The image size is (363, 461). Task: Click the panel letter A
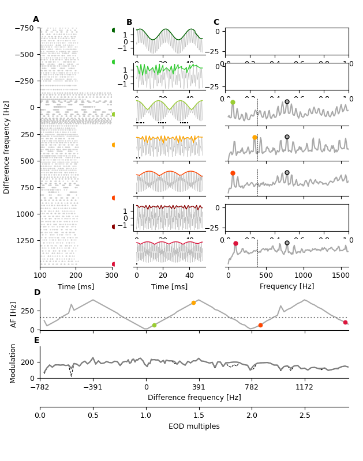coord(36,20)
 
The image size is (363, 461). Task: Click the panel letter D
coord(37,293)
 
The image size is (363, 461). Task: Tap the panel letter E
coord(37,341)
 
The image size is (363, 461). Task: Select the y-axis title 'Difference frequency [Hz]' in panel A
coord(7,147)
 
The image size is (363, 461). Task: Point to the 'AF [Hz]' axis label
coord(14,315)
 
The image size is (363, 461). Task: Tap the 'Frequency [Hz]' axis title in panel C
coord(287,286)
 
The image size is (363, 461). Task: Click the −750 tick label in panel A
coord(24,28)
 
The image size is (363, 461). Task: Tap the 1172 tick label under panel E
coord(304,387)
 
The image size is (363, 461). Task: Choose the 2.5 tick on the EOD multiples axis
coord(305,415)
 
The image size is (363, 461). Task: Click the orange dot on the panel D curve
coord(193,303)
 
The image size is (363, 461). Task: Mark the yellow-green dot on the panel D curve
coord(154,325)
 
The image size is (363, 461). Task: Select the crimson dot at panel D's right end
coord(345,322)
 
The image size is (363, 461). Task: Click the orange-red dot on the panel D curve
coord(260,325)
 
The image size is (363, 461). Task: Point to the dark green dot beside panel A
coord(114,30)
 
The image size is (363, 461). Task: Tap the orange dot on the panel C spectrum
coord(255,137)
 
